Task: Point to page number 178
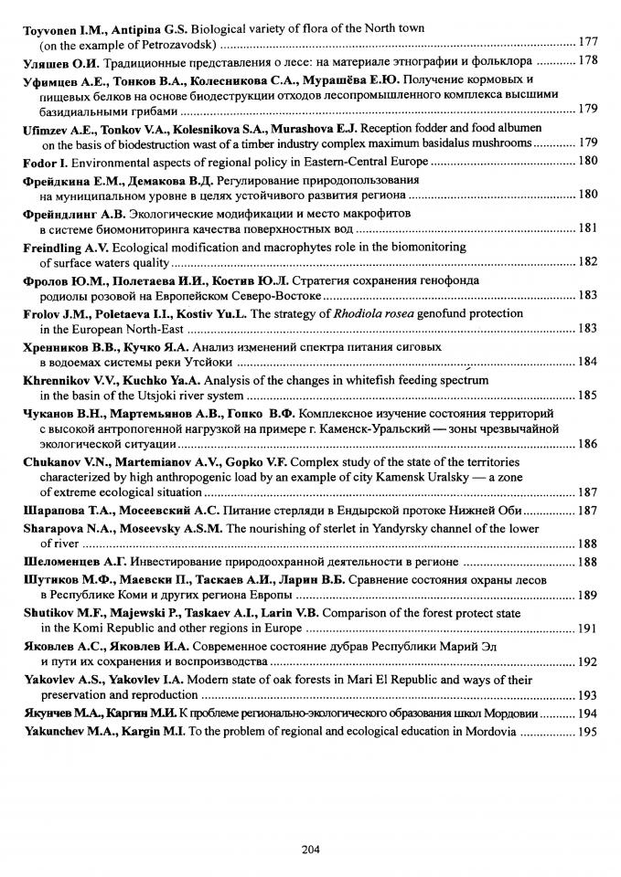[x=589, y=61]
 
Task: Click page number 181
[x=589, y=228]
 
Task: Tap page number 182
[x=589, y=261]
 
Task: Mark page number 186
[x=589, y=443]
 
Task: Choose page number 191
[x=589, y=629]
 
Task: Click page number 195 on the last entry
[x=589, y=732]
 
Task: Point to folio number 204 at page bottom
[x=310, y=850]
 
